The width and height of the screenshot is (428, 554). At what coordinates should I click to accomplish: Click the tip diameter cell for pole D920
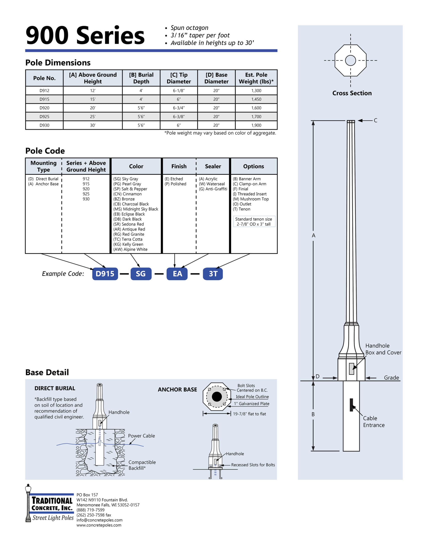tap(179, 108)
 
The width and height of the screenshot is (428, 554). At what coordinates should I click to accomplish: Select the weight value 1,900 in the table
tap(256, 125)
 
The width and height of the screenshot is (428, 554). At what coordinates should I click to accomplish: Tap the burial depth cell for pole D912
tap(141, 90)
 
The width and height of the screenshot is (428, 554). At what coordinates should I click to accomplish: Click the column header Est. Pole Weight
tap(256, 78)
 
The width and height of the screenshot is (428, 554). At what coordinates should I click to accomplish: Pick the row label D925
tap(44, 116)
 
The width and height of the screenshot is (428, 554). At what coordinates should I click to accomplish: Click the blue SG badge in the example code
tap(141, 274)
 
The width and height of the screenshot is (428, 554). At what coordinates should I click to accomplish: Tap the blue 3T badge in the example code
tap(213, 274)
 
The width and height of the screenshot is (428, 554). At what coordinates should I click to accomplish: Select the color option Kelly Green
tap(128, 244)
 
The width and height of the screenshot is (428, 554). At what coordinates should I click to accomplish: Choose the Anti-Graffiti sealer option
tap(213, 189)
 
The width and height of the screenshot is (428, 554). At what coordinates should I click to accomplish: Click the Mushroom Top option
tap(251, 199)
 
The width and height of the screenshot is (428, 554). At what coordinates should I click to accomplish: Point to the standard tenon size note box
tap(253, 221)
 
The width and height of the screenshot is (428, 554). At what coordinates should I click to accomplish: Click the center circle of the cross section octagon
tap(350, 60)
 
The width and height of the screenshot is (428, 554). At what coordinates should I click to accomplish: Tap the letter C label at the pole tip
tap(375, 121)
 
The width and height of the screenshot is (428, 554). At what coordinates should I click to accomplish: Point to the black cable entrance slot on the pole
tap(351, 405)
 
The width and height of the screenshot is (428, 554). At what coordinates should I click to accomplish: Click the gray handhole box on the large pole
tap(351, 369)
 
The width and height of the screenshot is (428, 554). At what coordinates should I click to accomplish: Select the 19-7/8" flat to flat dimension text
tap(249, 414)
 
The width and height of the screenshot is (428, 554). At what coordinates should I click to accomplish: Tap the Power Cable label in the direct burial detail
tap(141, 436)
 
